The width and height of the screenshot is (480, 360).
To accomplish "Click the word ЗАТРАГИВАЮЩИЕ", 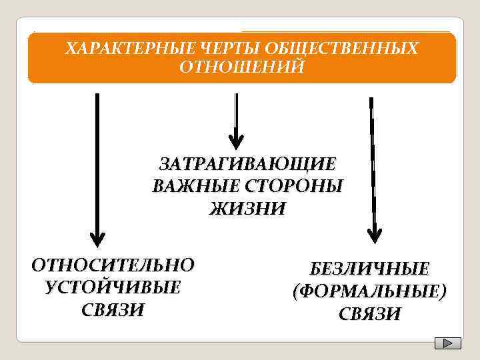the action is (x=247, y=164).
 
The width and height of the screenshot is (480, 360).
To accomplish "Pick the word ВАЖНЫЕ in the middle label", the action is (x=192, y=186).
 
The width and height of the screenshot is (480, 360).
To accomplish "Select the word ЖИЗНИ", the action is (x=247, y=209).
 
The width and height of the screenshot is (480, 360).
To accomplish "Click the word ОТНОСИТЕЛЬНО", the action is (x=113, y=265).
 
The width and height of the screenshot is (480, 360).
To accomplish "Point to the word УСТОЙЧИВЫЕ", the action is (x=113, y=287).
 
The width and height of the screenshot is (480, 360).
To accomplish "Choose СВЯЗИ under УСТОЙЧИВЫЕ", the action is (x=113, y=310).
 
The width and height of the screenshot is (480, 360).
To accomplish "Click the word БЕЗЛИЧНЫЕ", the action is (x=369, y=269).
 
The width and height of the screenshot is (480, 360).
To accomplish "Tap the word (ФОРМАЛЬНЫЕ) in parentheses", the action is (x=369, y=291).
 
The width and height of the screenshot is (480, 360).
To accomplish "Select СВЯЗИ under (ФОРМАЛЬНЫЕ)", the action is (x=369, y=314).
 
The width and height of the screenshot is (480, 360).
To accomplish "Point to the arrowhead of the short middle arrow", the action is (x=236, y=141).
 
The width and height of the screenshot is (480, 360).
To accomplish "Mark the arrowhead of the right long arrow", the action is (x=375, y=234).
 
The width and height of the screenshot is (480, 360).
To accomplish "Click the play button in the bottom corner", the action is (x=447, y=343).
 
